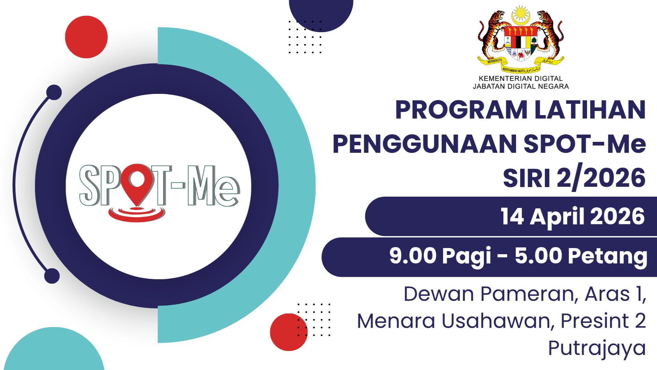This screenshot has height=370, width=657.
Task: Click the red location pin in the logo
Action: coord(137,183)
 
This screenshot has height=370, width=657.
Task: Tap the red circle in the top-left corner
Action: coord(86,37)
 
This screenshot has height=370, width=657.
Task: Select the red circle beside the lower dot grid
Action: coord(288,332)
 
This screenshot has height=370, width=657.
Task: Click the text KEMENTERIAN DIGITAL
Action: coord(521,78)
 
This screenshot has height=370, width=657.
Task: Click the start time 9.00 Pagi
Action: coord(441,256)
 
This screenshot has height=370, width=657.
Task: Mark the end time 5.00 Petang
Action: coord(581,256)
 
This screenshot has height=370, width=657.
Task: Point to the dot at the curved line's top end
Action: coord(54,92)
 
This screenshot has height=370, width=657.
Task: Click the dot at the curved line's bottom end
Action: coord(52,276)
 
